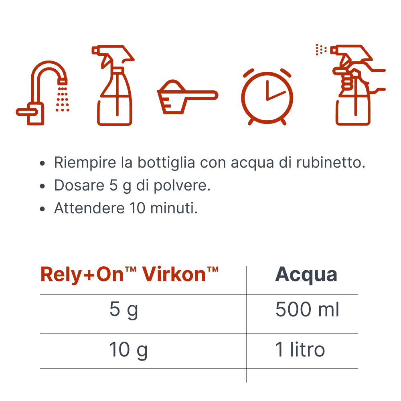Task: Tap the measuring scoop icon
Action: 187,97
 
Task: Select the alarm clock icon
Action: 267,97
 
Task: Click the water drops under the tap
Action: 63,99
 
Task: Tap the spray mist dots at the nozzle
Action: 321,49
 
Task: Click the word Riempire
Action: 85,163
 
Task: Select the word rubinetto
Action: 331,162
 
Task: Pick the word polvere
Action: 182,186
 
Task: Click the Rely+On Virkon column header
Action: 130,274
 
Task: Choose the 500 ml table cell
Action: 307,310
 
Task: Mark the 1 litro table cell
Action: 300,350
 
